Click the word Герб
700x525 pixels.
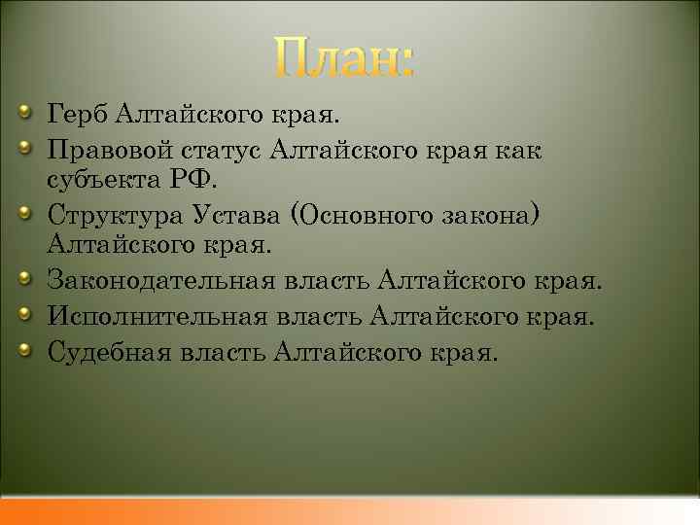77,118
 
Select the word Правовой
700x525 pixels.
108,151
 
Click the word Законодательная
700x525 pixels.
159,283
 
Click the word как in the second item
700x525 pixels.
521,151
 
